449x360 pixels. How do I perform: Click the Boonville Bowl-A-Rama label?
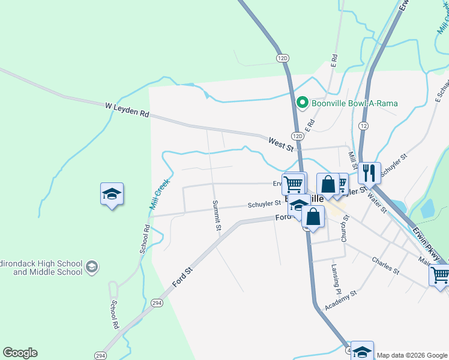[x=354, y=103]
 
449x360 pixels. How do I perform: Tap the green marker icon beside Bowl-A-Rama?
[x=303, y=103]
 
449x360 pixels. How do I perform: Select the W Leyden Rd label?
[x=127, y=109]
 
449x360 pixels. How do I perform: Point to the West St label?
[x=280, y=143]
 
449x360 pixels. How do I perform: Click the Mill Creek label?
[x=159, y=193]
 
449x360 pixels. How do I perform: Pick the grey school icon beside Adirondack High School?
[x=91, y=267]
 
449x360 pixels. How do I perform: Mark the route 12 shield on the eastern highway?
[x=364, y=125]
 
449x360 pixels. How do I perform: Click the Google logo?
[x=20, y=353]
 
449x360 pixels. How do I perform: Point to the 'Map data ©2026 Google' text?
[x=412, y=355]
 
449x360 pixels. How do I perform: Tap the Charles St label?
[x=385, y=265]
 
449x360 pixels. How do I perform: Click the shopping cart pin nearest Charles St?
[x=439, y=275]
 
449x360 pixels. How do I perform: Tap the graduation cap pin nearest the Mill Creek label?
[x=112, y=194]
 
